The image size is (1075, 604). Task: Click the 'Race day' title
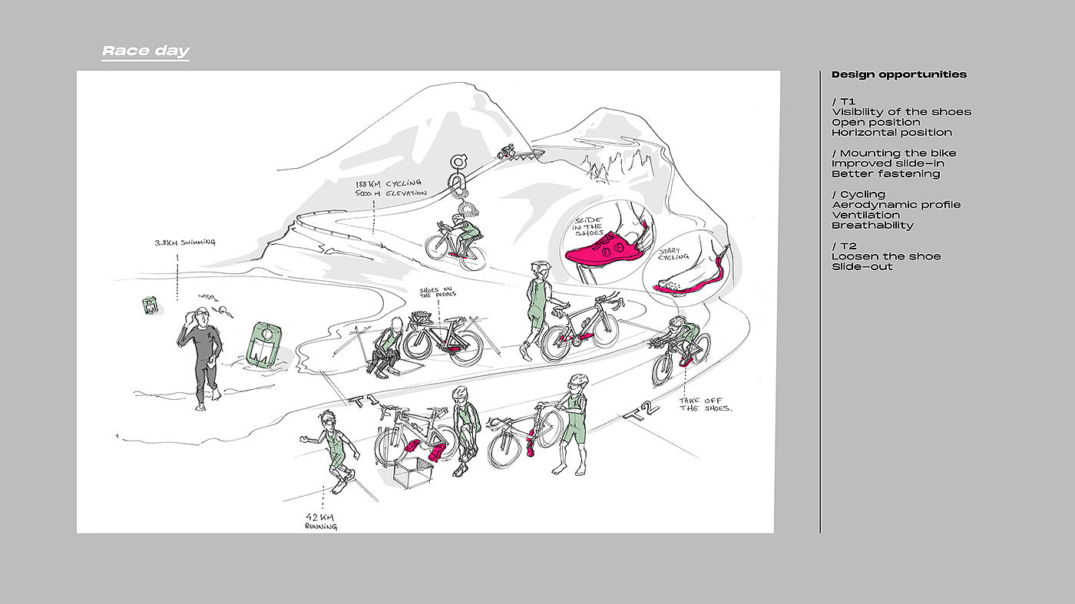[x=146, y=51]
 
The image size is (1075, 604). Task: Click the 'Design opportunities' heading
[x=899, y=74]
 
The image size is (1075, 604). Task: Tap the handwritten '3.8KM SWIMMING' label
[x=185, y=243]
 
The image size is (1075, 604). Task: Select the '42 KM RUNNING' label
[x=321, y=521]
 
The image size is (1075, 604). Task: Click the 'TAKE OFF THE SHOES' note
[x=706, y=404]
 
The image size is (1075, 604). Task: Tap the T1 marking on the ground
[x=365, y=400]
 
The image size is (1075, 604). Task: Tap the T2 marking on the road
[x=640, y=411]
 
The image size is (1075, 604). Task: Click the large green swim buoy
[x=263, y=344]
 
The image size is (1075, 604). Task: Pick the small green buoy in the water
[x=150, y=305]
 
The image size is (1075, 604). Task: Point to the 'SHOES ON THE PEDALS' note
[x=438, y=292]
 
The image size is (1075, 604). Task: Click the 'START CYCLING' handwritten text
[x=673, y=254]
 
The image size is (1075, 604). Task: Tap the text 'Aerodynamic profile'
[x=896, y=205]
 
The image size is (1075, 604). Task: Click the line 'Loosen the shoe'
[x=886, y=256]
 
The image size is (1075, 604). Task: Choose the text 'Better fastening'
[x=885, y=173]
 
